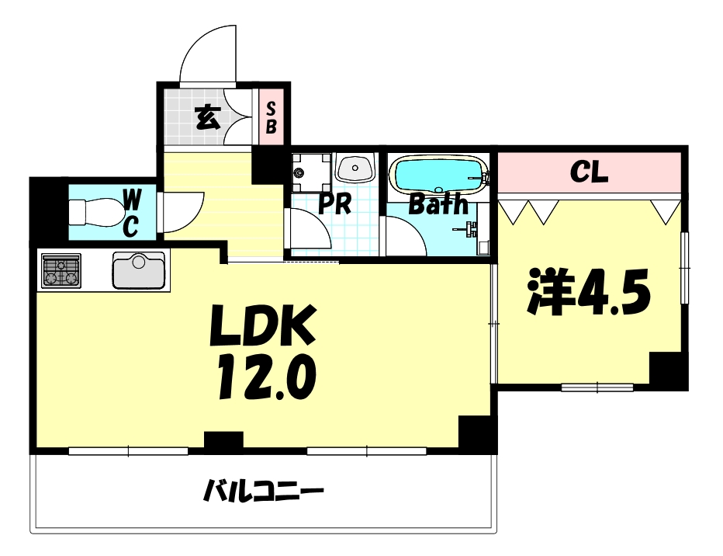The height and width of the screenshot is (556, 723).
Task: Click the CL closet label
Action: click(x=589, y=172)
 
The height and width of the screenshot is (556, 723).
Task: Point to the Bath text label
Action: click(x=438, y=204)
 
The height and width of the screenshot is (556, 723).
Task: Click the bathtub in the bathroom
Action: click(x=438, y=174)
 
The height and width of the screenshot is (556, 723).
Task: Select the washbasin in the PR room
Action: click(x=355, y=168)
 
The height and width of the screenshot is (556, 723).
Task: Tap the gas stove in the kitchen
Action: click(x=61, y=271)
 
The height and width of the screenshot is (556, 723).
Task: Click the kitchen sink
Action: click(x=140, y=271)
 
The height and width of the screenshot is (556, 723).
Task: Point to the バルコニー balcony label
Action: click(x=263, y=492)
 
